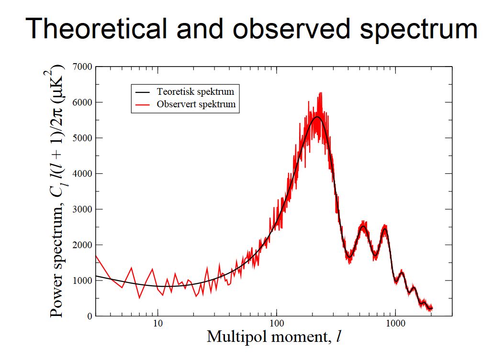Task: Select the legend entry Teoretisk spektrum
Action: pos(195,91)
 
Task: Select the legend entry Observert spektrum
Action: pos(196,104)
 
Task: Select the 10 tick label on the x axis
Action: pos(158,324)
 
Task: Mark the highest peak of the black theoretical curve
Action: pos(317,117)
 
